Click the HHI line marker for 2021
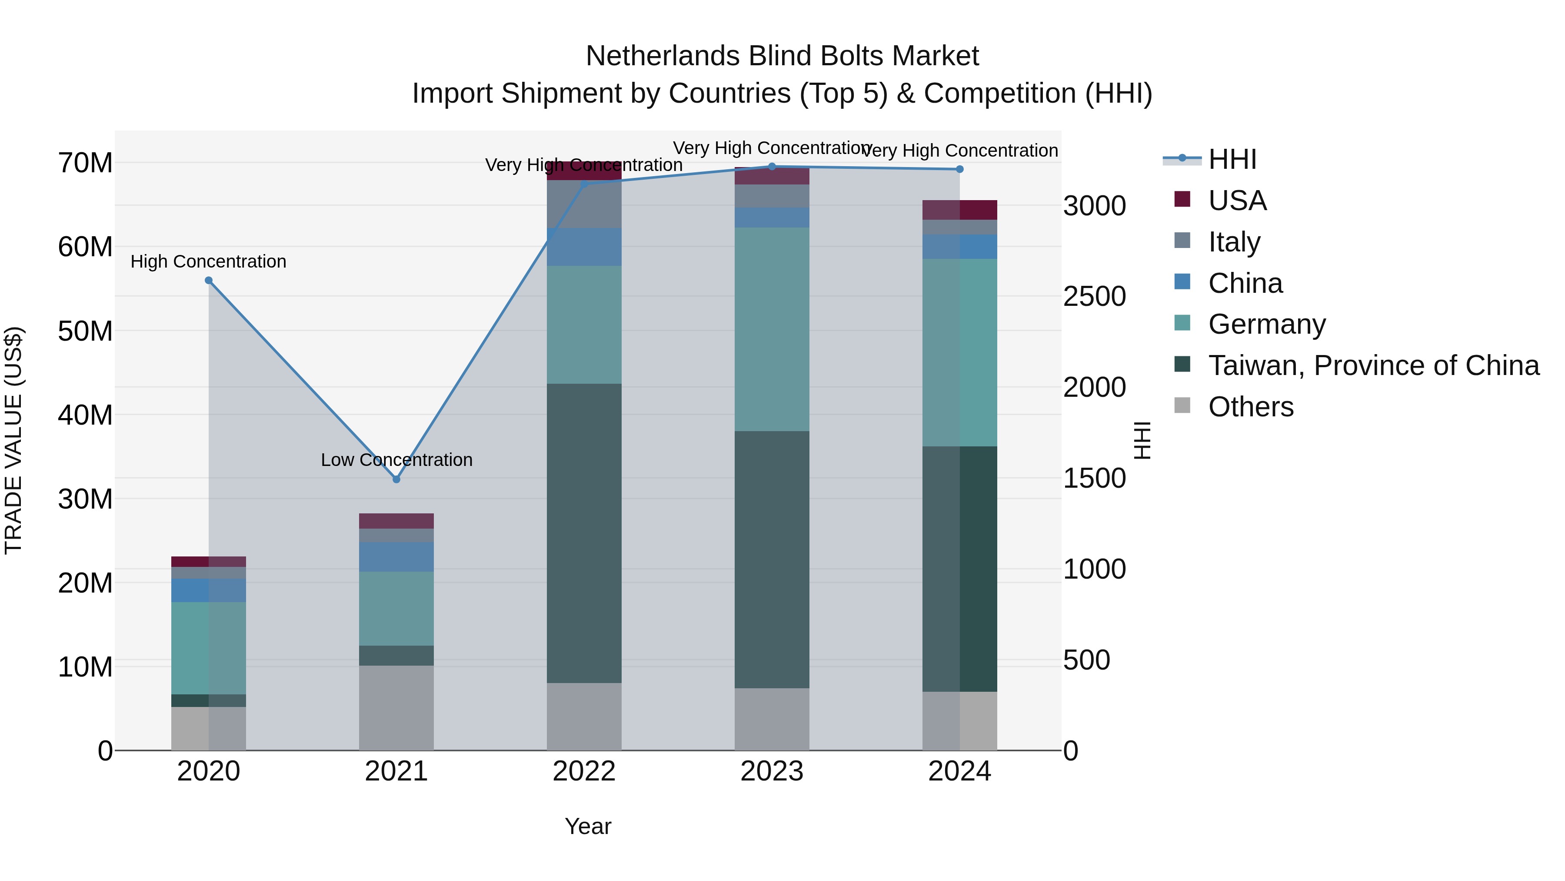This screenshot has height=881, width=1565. click(396, 479)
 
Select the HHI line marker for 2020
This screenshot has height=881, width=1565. click(208, 280)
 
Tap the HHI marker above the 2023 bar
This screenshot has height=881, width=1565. click(772, 167)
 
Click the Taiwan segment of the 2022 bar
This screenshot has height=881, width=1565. click(584, 533)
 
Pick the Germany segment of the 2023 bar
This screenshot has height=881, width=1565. click(772, 329)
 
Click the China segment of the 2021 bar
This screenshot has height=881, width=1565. click(396, 556)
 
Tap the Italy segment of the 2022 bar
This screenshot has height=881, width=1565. click(584, 204)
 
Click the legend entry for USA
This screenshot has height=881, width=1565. click(1237, 201)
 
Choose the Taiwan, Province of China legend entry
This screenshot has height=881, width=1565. click(1373, 365)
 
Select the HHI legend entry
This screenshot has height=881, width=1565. click(1232, 159)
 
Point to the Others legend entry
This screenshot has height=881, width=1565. click(1250, 407)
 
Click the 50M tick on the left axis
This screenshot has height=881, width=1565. click(85, 332)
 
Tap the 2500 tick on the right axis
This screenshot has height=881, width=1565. click(1094, 297)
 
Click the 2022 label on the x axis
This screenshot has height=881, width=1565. click(584, 771)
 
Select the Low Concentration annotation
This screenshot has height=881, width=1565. click(396, 460)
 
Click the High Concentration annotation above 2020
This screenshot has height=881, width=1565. click(208, 261)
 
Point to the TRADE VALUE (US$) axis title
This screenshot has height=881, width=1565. click(13, 440)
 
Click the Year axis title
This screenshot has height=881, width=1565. click(587, 826)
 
